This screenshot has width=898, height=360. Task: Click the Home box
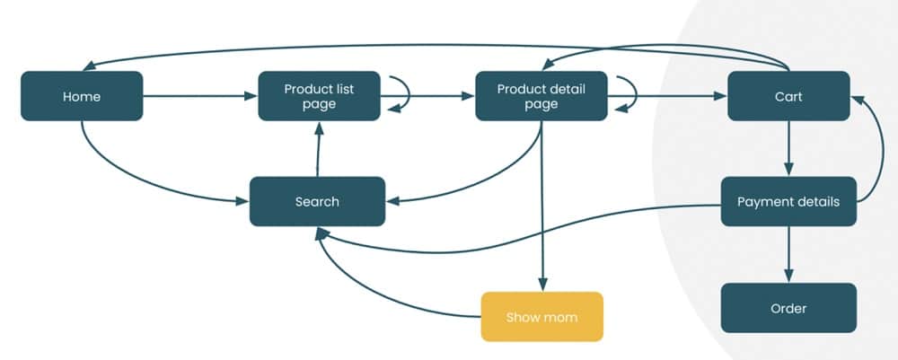82,96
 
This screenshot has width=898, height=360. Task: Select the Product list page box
319,96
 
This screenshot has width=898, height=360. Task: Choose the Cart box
788,96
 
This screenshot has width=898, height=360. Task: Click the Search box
317,201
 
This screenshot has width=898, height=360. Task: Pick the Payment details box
788,201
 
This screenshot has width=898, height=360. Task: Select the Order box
788,308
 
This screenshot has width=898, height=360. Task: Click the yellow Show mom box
541,317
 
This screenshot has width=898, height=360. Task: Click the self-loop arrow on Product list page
401,93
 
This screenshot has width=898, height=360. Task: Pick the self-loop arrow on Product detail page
629,93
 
